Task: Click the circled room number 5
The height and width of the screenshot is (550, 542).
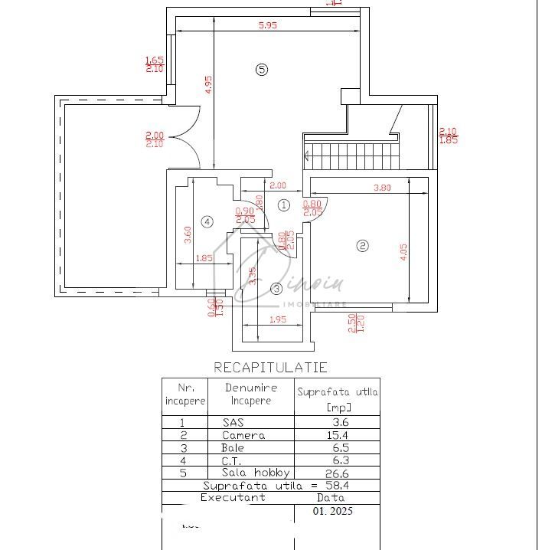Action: click(262, 70)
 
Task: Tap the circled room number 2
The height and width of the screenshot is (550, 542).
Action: click(363, 246)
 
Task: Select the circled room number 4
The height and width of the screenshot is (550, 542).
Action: click(207, 222)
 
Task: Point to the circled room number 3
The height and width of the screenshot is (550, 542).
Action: click(276, 288)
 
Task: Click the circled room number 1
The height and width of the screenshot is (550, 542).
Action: click(283, 205)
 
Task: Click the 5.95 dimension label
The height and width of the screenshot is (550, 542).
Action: click(267, 25)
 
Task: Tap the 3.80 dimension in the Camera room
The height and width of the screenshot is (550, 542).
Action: click(382, 187)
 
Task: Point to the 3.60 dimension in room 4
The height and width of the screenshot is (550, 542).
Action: click(188, 234)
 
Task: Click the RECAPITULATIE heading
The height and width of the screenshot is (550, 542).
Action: click(270, 368)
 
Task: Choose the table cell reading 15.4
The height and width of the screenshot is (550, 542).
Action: click(336, 435)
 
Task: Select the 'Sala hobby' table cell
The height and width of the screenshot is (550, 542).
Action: click(250, 473)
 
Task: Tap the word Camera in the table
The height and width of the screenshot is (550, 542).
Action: click(243, 435)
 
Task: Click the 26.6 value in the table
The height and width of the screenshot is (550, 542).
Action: click(336, 473)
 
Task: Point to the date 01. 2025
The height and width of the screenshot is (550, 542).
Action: click(335, 510)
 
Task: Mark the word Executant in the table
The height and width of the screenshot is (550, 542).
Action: click(233, 497)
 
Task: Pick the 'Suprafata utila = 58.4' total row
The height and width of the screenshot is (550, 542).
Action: click(270, 485)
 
